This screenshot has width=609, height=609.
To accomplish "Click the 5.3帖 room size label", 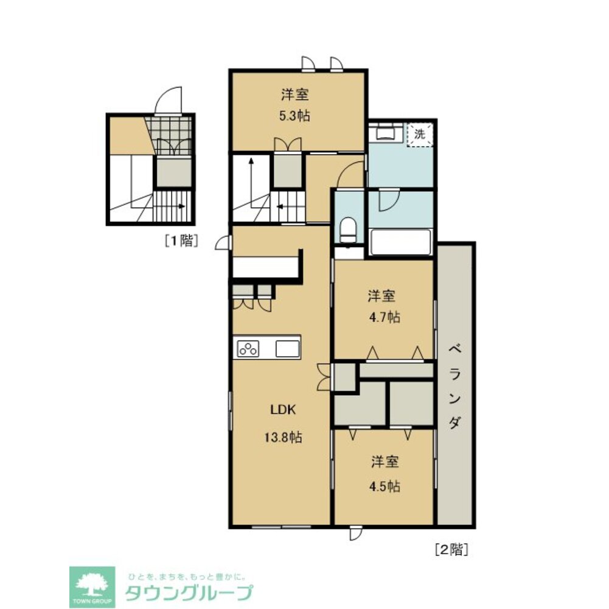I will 295,116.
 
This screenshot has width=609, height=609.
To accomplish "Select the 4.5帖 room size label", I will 385,487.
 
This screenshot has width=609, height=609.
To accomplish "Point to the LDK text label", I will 283,410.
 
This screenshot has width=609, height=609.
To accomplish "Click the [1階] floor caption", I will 181,241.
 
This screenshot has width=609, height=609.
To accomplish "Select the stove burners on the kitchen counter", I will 248,349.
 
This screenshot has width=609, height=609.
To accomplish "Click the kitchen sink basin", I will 287,349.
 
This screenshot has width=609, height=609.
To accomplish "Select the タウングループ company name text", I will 189,592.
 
